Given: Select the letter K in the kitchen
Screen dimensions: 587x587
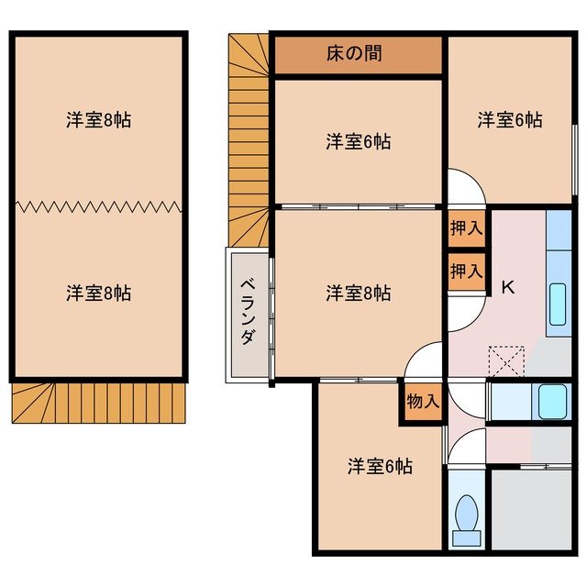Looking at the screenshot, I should tap(507, 287).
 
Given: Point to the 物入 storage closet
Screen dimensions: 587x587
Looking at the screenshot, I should tap(423, 401).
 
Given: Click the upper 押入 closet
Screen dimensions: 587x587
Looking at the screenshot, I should tap(466, 228).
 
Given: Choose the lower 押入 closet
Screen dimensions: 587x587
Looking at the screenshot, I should tap(466, 271).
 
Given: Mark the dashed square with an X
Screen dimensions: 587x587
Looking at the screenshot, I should tap(506, 362).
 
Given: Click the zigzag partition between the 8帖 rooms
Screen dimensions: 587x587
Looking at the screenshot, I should tap(98, 206).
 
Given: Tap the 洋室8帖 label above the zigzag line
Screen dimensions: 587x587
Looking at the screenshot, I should tap(98, 119).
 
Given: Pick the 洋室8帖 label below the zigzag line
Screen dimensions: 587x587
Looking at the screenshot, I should tap(98, 293).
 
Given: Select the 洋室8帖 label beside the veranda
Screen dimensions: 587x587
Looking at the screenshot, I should tap(359, 293).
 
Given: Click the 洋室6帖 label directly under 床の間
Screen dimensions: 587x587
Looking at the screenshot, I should tap(359, 141).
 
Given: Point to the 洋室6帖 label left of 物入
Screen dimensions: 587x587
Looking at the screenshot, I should tap(380, 466).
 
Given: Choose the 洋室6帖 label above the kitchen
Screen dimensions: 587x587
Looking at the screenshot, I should tap(510, 119).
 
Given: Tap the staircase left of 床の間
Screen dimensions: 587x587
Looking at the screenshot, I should tap(248, 138).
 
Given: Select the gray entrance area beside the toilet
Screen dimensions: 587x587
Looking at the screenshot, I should tap(531, 508).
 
